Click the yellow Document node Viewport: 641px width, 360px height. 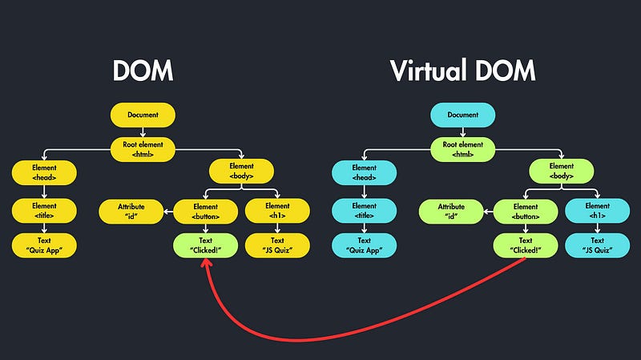(143, 115)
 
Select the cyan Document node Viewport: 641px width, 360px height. (463, 115)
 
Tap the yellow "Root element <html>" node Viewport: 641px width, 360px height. (143, 148)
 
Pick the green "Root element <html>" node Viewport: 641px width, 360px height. (463, 148)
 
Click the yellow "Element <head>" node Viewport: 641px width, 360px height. (44, 172)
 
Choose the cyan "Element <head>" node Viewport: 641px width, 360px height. (365, 172)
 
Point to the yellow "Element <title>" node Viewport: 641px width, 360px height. (44, 211)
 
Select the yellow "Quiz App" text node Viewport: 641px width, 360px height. (44, 245)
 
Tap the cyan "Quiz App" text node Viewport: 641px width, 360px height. (365, 245)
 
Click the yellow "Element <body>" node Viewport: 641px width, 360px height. (241, 172)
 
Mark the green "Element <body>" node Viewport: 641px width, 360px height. (561, 172)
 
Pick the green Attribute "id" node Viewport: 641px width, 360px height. (450, 211)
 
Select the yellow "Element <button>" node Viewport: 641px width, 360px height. (206, 211)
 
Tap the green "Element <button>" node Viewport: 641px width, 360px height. (526, 211)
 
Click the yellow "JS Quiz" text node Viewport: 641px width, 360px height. (277, 245)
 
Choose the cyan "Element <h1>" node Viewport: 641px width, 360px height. (597, 211)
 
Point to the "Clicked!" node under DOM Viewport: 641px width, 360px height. (206, 245)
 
